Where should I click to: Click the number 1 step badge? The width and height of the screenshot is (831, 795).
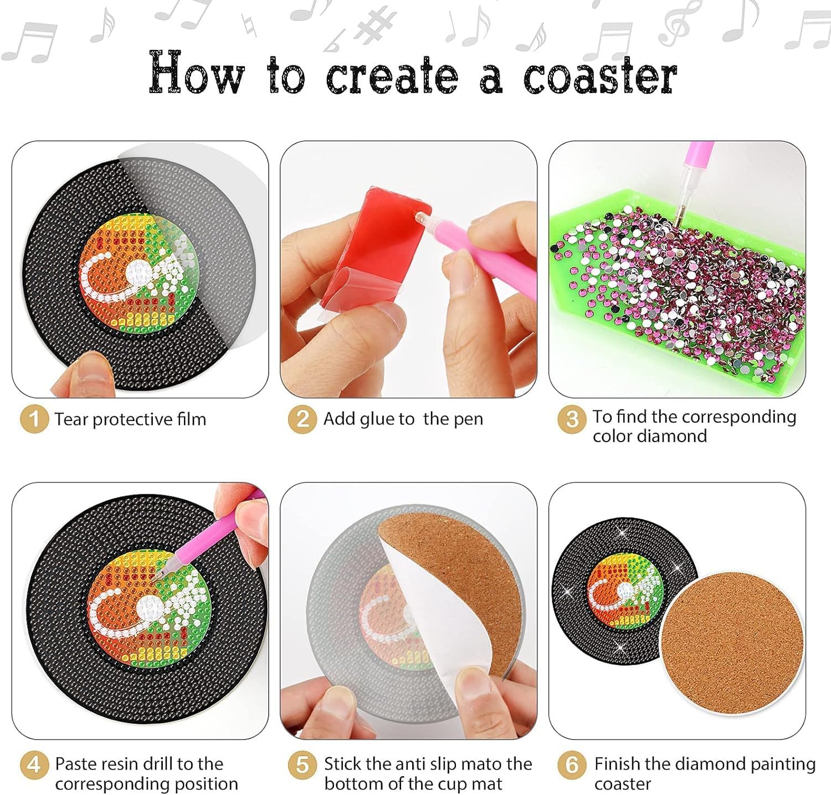click(x=34, y=419)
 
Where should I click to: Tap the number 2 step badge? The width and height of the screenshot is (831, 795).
click(x=302, y=419)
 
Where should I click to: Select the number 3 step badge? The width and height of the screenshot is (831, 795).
click(x=572, y=419)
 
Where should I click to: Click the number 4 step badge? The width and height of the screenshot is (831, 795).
click(x=34, y=765)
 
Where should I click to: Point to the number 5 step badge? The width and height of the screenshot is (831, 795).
click(x=302, y=765)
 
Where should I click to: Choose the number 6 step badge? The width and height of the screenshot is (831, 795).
click(x=572, y=765)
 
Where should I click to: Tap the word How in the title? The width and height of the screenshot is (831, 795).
click(x=197, y=72)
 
